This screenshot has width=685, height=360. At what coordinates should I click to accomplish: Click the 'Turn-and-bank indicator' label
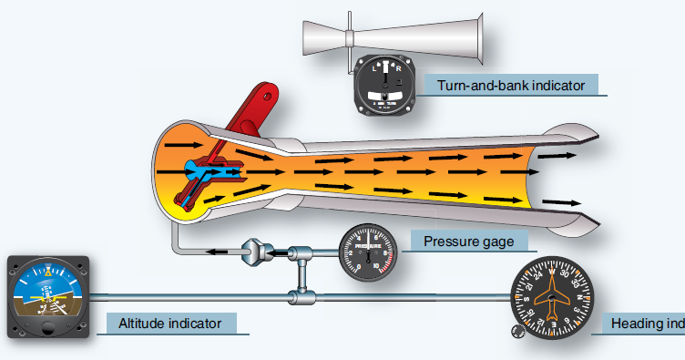point(510,86)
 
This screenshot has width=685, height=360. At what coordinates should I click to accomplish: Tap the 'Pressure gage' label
point(475,242)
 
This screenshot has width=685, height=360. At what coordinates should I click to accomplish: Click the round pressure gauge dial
point(368,252)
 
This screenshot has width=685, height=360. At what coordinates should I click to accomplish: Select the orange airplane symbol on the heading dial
point(552,296)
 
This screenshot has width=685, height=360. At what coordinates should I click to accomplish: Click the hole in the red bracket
point(268,92)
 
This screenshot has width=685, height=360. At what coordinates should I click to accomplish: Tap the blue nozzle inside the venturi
point(200,170)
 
